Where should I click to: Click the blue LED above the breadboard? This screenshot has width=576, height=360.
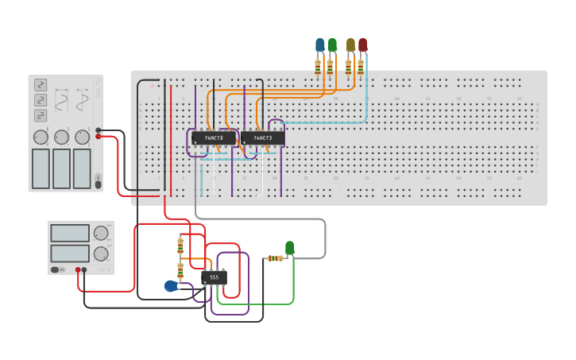[x=319, y=45]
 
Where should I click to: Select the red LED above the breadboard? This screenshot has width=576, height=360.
[x=363, y=45]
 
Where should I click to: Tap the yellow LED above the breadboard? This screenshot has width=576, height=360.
[x=350, y=45]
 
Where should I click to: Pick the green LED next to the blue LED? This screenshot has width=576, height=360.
[x=332, y=45]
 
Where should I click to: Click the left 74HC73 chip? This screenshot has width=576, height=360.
[x=214, y=138]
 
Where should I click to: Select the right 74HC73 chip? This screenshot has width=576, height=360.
[x=262, y=138]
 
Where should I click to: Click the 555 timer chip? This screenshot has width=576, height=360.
[x=214, y=277]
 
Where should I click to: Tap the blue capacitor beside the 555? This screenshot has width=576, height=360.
[x=171, y=286]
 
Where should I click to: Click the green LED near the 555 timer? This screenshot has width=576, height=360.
[x=290, y=248]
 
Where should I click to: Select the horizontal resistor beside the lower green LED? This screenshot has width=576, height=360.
[x=275, y=258]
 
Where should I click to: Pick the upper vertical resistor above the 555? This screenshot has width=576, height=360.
[x=180, y=245]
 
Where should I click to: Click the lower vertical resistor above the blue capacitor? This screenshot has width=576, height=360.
[x=180, y=271]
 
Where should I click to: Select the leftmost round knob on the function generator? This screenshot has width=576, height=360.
[x=41, y=137]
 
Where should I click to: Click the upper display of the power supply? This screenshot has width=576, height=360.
[x=70, y=234]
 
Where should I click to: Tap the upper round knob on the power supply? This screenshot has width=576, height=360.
[x=100, y=234]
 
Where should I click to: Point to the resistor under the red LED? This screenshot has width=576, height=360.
[x=361, y=67]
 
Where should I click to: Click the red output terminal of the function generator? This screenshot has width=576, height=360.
[x=99, y=137]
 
